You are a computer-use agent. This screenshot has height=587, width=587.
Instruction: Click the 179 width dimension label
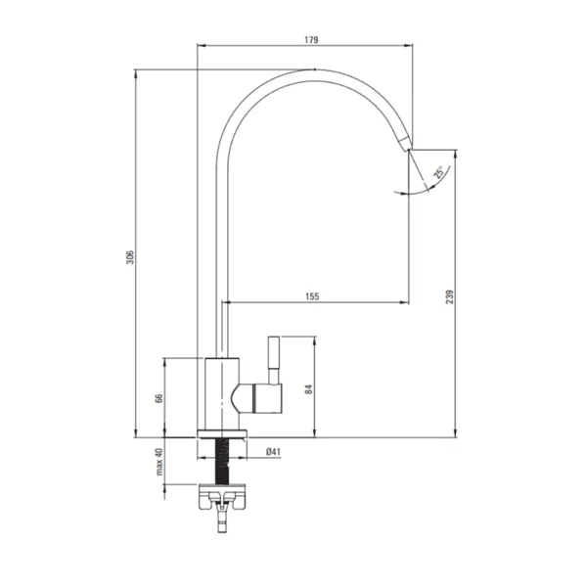(x=311, y=40)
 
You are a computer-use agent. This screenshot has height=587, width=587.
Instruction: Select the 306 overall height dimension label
(x=129, y=257)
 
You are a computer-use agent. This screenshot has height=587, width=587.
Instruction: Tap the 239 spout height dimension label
(x=449, y=296)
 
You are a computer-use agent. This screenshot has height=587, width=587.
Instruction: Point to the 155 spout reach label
(x=312, y=296)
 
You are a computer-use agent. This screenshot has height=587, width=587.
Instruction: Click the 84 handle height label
(x=308, y=389)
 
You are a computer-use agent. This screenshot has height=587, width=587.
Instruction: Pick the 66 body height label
(x=159, y=398)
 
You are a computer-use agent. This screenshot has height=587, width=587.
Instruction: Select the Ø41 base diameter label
(x=273, y=452)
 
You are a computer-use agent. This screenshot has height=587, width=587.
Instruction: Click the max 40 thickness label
(x=159, y=462)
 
